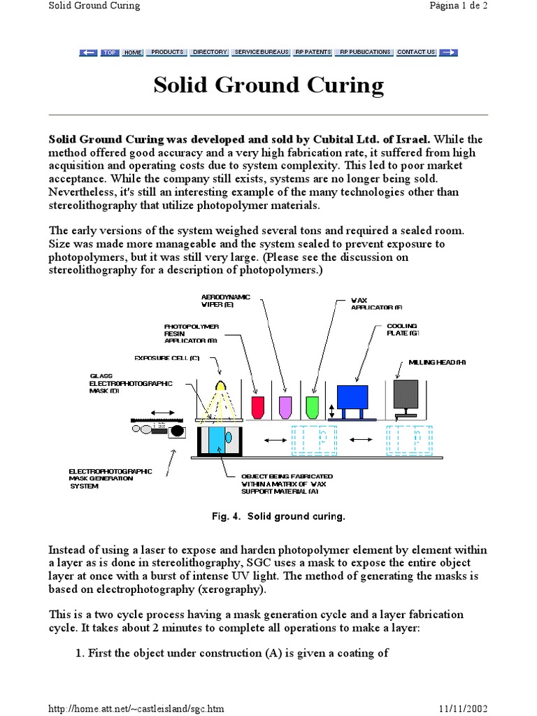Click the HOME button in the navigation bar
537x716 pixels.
click(x=133, y=52)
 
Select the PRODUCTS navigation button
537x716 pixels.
click(x=167, y=52)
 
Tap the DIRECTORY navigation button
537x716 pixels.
click(x=210, y=52)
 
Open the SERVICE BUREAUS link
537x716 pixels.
click(x=262, y=52)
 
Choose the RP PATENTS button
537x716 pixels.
click(x=313, y=52)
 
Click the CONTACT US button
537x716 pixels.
click(x=416, y=52)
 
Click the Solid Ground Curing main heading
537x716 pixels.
click(x=268, y=85)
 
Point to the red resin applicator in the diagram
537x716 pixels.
click(x=257, y=407)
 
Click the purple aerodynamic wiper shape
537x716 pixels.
click(x=285, y=407)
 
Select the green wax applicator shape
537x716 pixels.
click(x=313, y=407)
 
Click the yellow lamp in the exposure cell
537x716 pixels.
click(x=222, y=385)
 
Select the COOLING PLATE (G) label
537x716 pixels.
click(x=403, y=329)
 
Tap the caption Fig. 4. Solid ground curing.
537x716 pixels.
click(x=278, y=517)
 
